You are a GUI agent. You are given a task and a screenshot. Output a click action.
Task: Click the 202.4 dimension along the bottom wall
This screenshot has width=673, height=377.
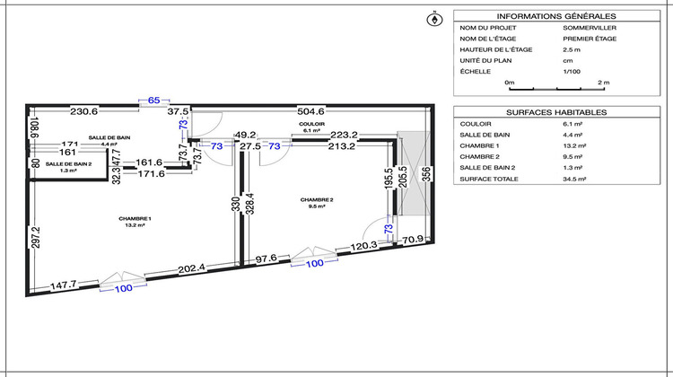[191, 267]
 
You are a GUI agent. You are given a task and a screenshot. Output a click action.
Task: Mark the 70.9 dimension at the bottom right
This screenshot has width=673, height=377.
[412, 240]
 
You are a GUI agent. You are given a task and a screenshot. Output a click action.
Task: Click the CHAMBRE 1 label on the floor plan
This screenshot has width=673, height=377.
[135, 219]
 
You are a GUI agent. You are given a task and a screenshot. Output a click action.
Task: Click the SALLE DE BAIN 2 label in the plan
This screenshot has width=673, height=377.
[68, 164]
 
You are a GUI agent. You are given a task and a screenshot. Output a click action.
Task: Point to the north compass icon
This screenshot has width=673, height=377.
[435, 18]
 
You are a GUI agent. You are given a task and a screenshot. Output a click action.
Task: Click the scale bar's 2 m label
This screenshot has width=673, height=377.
[604, 83]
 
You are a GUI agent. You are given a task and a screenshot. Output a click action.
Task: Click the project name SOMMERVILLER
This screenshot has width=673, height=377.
[590, 28]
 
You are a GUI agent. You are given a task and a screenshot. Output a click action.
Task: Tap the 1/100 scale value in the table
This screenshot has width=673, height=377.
[572, 71]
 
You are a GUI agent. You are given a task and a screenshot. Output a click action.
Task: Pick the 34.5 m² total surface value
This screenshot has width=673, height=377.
[574, 179]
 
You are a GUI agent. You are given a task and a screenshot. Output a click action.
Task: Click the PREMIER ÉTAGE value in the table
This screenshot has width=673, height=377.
[590, 39]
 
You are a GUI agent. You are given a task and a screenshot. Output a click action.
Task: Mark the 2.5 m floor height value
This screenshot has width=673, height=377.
[572, 49]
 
